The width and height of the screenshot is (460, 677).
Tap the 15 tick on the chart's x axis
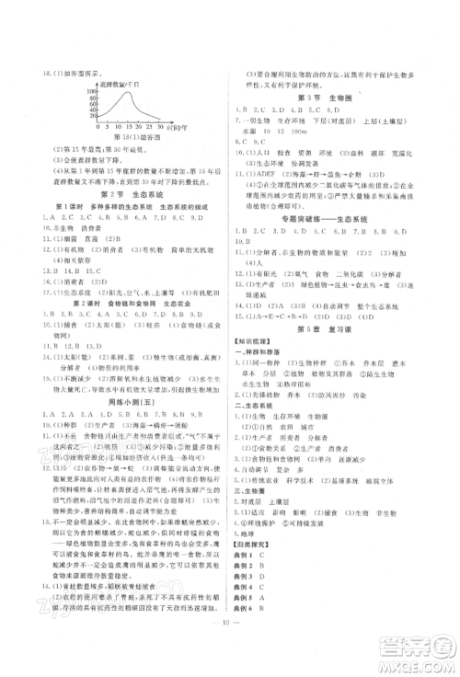[x=131, y=127]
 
